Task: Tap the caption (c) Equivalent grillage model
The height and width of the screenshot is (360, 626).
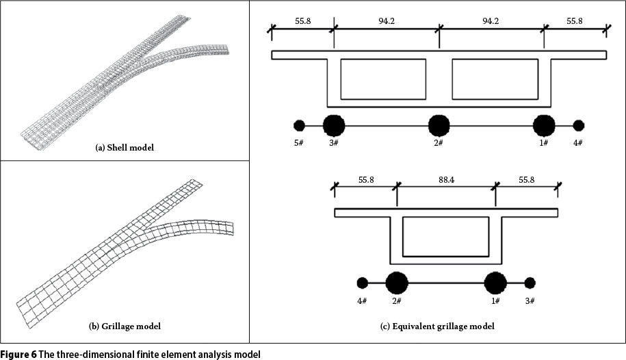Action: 437,326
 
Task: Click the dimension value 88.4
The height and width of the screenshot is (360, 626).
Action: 446,180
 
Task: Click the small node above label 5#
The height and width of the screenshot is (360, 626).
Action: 299,125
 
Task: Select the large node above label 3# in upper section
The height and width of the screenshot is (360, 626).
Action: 334,125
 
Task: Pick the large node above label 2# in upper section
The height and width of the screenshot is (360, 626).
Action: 439,125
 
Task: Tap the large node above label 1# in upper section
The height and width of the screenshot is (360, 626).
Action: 544,125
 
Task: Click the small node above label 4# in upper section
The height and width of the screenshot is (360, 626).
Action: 579,125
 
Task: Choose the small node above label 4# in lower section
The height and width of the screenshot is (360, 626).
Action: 362,283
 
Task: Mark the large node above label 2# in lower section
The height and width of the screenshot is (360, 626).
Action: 397,283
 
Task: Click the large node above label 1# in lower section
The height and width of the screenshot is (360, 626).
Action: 495,283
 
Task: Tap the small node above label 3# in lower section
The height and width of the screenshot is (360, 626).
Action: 530,283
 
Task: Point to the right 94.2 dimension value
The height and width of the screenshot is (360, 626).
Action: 492,21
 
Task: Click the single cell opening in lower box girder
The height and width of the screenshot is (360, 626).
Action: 445,233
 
